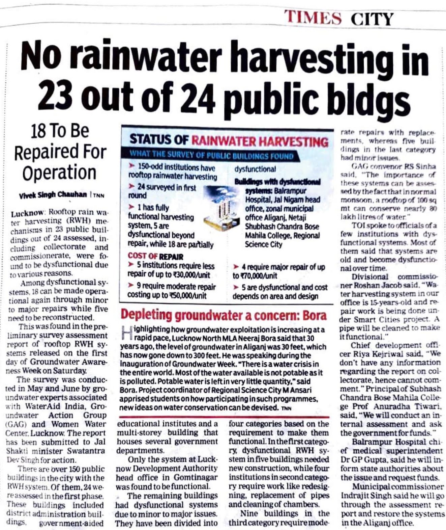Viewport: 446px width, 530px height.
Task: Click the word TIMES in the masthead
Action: tap(313, 17)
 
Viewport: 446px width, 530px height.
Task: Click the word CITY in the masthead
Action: tap(371, 19)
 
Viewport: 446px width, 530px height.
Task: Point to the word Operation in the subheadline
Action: tap(59, 173)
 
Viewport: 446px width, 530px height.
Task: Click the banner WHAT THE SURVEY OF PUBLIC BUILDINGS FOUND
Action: tap(211, 156)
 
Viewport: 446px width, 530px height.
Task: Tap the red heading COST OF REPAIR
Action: tap(156, 256)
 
